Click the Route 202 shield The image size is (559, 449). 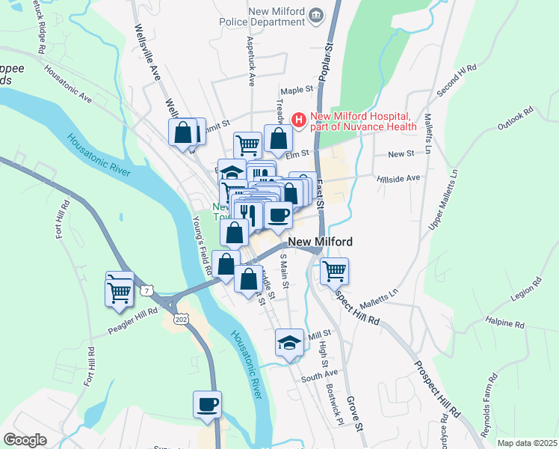[179, 319]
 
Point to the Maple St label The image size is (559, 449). [297, 90]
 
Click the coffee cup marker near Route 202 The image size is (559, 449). [208, 404]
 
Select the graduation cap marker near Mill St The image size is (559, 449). [290, 343]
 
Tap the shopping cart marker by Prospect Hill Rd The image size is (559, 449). [334, 271]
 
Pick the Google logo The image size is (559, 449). [25, 440]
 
